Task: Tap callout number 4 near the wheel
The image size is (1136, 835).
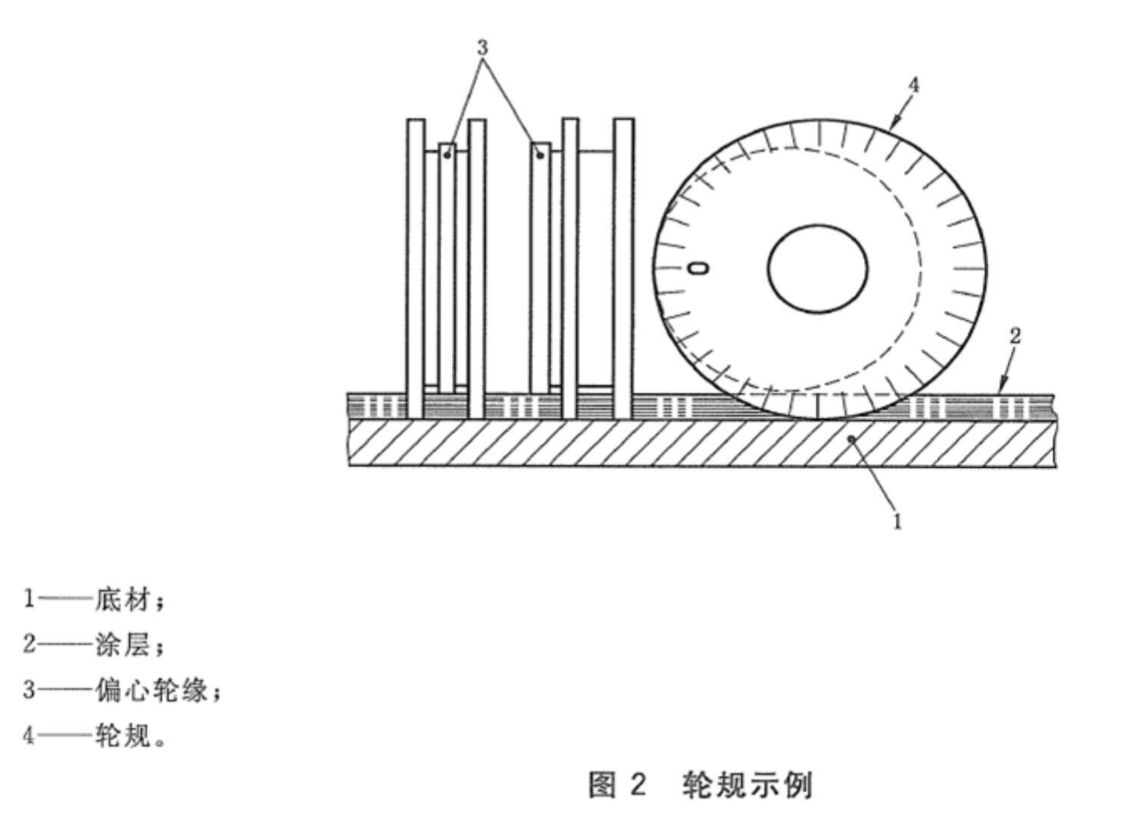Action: pos(913,86)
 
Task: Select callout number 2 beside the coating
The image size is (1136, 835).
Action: pos(1015,336)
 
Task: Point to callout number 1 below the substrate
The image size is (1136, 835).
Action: pos(897,521)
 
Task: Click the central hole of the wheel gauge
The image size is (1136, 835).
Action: pos(817,269)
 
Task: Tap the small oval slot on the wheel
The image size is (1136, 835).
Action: pos(698,269)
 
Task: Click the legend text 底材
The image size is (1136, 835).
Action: pos(123,601)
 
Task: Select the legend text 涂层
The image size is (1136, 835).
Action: pos(123,646)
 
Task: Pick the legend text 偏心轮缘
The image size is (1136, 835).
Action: pos(151,690)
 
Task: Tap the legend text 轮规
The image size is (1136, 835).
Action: pos(123,734)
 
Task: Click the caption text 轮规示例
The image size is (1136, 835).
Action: pos(747,785)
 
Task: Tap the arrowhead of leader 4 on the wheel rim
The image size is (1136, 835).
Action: pos(895,122)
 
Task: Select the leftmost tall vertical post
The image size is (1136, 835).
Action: pos(416,269)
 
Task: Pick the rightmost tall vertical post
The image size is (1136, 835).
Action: pos(624,269)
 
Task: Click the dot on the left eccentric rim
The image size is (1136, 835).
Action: pos(448,155)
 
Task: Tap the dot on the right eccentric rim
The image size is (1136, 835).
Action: pos(540,155)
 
